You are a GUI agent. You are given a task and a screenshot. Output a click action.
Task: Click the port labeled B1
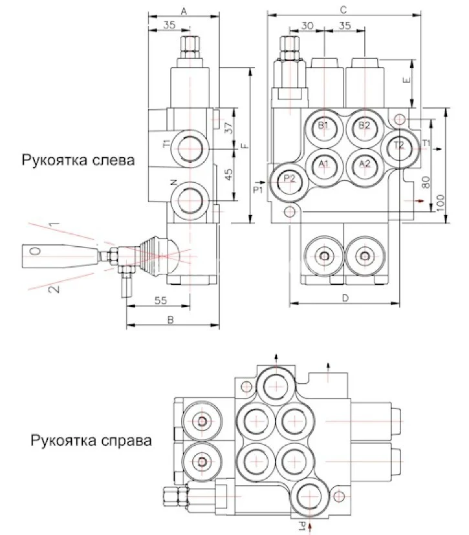[324, 126]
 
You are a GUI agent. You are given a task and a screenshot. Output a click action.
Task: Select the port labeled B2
[364, 126]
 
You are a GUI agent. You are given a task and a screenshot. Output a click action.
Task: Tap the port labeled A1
[324, 164]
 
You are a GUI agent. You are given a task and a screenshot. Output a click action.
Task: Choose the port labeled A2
[364, 164]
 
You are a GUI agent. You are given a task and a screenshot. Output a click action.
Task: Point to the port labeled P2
[289, 180]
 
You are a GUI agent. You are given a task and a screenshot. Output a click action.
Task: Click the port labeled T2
[398, 146]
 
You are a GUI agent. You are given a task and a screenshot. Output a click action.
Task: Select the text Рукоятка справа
[91, 441]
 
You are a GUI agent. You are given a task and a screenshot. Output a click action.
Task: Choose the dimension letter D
[345, 298]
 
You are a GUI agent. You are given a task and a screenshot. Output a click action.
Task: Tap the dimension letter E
[405, 82]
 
